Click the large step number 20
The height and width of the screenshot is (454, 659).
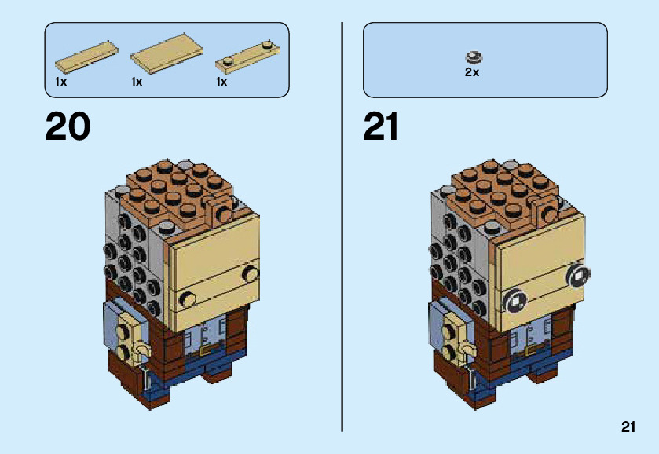pyautogui.click(x=68, y=126)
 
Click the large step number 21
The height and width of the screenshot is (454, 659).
pyautogui.click(x=381, y=126)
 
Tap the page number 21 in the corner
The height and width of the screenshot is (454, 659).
pyautogui.click(x=627, y=427)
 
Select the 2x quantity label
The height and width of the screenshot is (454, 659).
pyautogui.click(x=471, y=71)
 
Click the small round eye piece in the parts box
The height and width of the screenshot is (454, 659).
pyautogui.click(x=473, y=57)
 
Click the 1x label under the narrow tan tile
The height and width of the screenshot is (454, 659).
pyautogui.click(x=60, y=82)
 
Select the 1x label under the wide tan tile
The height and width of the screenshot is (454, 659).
pyautogui.click(x=137, y=82)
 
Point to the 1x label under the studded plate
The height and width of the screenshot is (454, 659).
pyautogui.click(x=221, y=82)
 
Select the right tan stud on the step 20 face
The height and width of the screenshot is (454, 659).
pyautogui.click(x=251, y=273)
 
